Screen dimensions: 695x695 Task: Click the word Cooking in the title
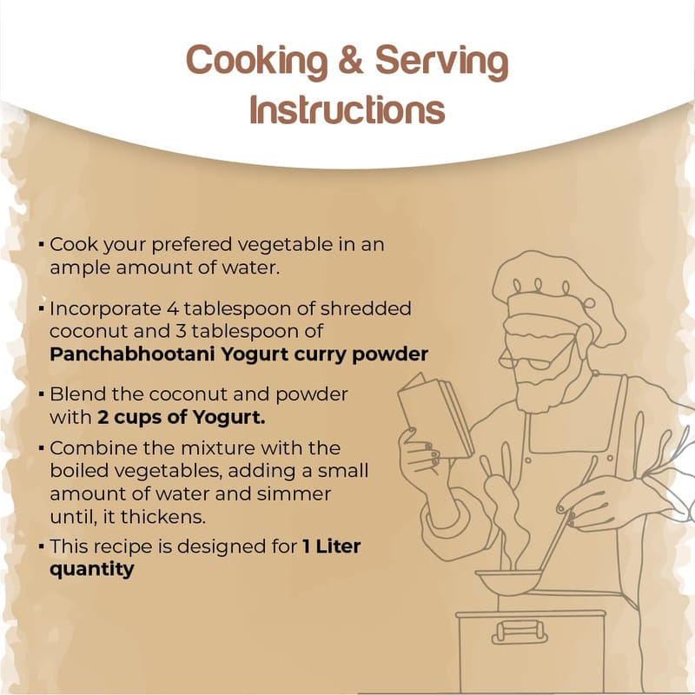(x=256, y=62)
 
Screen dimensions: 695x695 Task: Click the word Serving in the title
(x=442, y=63)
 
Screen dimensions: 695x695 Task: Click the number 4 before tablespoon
(x=172, y=309)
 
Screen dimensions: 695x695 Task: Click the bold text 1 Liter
(x=332, y=546)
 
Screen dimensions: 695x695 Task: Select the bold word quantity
(x=92, y=570)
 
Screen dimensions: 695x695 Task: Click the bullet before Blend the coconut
(x=41, y=394)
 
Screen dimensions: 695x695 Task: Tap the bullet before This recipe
(x=41, y=546)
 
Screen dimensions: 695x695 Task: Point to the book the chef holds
(x=435, y=415)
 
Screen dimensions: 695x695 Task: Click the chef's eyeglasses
(x=527, y=360)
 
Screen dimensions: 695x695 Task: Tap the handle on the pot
(x=520, y=632)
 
